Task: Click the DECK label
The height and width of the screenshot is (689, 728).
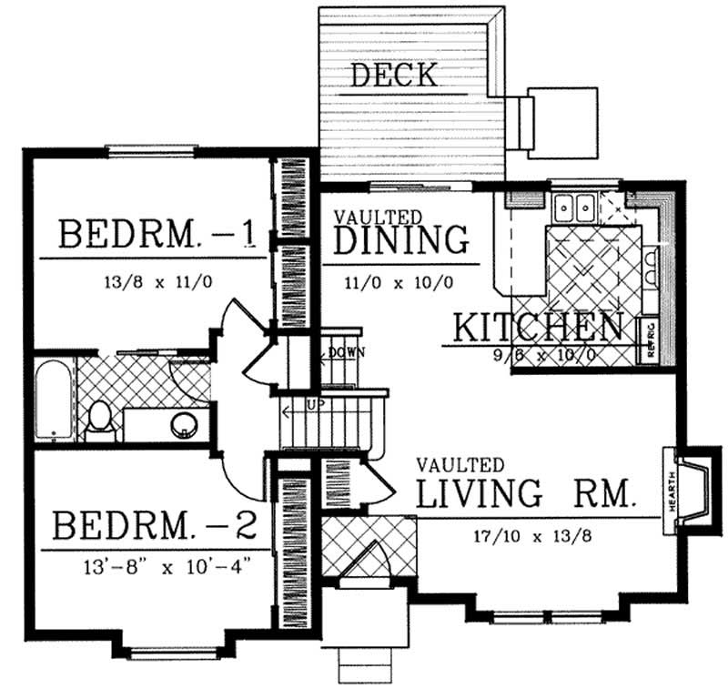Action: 394,76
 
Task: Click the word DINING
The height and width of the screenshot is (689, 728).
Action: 401,240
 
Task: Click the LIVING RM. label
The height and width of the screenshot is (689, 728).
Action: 525,493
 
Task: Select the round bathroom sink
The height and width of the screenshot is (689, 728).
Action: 185,423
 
